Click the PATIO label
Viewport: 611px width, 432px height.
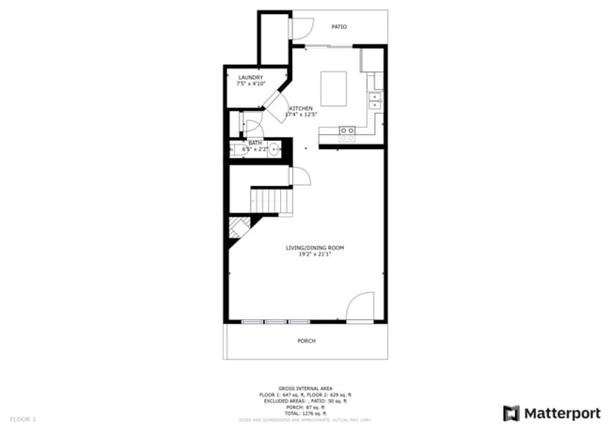click(x=338, y=26)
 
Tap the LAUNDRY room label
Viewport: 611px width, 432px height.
click(x=250, y=77)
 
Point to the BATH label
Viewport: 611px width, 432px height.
click(x=255, y=143)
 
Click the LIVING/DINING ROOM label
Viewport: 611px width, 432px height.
click(x=315, y=247)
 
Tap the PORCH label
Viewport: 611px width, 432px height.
click(x=305, y=341)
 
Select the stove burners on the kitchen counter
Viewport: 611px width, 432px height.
click(x=347, y=133)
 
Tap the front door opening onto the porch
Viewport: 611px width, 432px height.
click(x=361, y=308)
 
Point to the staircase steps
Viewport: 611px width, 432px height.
click(x=270, y=201)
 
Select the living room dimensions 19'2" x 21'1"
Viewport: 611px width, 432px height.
click(x=315, y=254)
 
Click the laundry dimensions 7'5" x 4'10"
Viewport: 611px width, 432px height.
click(x=250, y=84)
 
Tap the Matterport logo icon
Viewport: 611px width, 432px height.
click(x=511, y=413)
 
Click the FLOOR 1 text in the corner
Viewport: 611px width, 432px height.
click(x=23, y=418)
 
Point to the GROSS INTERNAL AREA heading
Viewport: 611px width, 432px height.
click(x=305, y=387)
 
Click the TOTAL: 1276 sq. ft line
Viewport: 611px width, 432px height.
click(x=305, y=412)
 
